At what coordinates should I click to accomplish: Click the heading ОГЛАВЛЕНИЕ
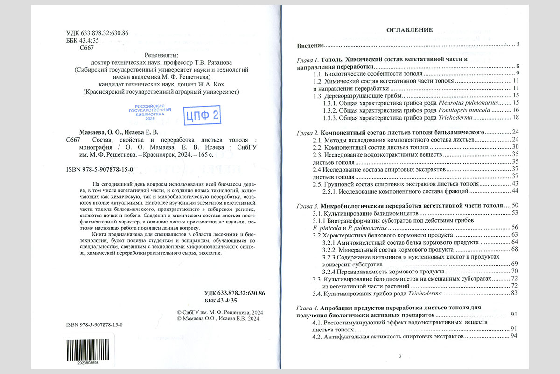click(409, 30)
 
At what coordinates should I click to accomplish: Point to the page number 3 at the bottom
click(400, 357)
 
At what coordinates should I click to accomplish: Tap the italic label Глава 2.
click(308, 132)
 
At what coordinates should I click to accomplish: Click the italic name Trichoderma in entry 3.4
click(425, 294)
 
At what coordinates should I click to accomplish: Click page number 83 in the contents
click(515, 294)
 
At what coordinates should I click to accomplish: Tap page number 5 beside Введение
click(518, 45)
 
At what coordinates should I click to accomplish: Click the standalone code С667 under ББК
click(87, 48)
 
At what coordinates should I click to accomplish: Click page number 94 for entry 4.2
click(515, 336)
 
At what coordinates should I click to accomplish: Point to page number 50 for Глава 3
click(515, 206)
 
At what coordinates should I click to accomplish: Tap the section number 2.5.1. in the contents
click(329, 191)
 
